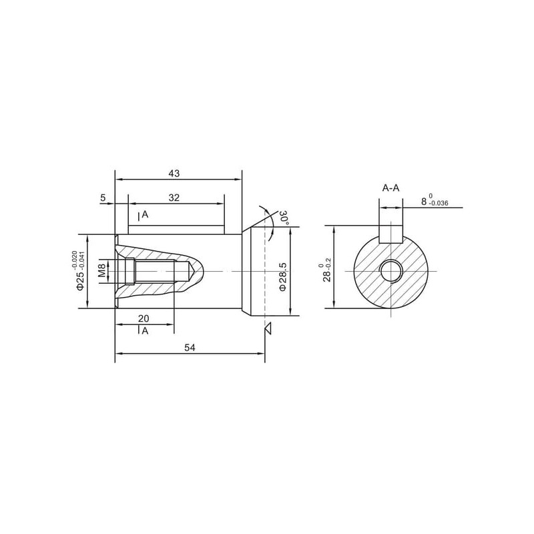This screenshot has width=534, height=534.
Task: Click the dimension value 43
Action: click(x=174, y=174)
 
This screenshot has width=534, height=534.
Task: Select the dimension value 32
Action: click(x=174, y=198)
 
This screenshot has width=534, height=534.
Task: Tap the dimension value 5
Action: click(x=103, y=198)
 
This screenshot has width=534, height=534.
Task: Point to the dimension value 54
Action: click(x=190, y=348)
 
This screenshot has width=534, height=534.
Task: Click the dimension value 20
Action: click(x=144, y=318)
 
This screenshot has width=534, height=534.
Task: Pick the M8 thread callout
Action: click(x=102, y=270)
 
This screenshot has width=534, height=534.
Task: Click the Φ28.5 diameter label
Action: click(x=282, y=276)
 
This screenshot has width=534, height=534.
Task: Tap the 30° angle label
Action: click(x=284, y=218)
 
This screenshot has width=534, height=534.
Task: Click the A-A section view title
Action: click(x=390, y=188)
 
